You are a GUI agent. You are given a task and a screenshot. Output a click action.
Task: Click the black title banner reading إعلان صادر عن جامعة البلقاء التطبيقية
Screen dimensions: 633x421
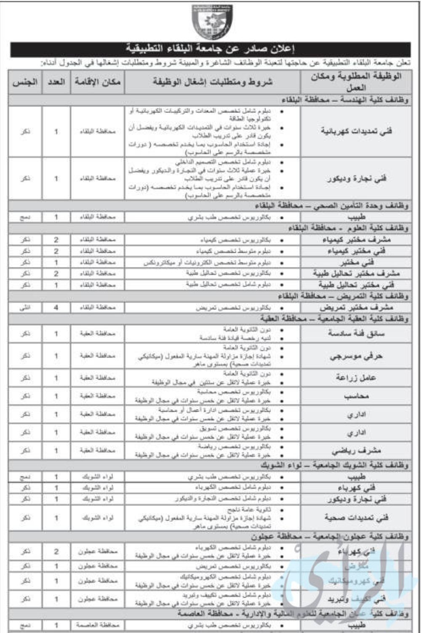[210, 49]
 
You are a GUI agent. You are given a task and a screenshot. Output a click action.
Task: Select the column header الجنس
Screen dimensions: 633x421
[25, 82]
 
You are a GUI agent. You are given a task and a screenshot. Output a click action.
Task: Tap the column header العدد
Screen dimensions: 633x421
[56, 82]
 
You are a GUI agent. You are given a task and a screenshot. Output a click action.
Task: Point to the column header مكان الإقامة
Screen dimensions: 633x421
[98, 82]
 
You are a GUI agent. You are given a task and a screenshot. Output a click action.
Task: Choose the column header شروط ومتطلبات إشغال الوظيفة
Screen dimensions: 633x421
[213, 82]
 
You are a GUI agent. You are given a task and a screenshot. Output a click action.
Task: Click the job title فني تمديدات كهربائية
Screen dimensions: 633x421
[356, 131]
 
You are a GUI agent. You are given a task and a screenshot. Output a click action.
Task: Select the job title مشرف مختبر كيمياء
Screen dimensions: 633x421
[356, 239]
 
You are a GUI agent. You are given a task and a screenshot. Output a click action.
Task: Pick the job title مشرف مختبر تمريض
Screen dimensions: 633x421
[356, 308]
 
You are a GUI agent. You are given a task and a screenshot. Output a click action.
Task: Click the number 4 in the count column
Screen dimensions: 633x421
[56, 308]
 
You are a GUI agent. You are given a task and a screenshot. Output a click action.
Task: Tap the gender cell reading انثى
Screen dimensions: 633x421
[25, 308]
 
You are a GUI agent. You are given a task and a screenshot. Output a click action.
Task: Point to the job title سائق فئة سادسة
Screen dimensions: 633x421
[356, 333]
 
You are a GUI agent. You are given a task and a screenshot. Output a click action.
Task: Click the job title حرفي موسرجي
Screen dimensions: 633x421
[356, 356]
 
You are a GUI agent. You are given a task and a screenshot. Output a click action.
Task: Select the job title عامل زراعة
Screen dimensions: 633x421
[356, 378]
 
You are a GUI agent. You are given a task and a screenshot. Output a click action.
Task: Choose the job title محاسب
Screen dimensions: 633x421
[356, 396]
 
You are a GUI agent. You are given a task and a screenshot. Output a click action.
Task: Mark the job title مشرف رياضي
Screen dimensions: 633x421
[356, 451]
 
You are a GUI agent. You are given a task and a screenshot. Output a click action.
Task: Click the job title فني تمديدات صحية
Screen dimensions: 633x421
[356, 518]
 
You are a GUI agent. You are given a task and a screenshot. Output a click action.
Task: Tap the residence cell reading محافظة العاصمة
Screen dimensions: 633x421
[98, 625]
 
